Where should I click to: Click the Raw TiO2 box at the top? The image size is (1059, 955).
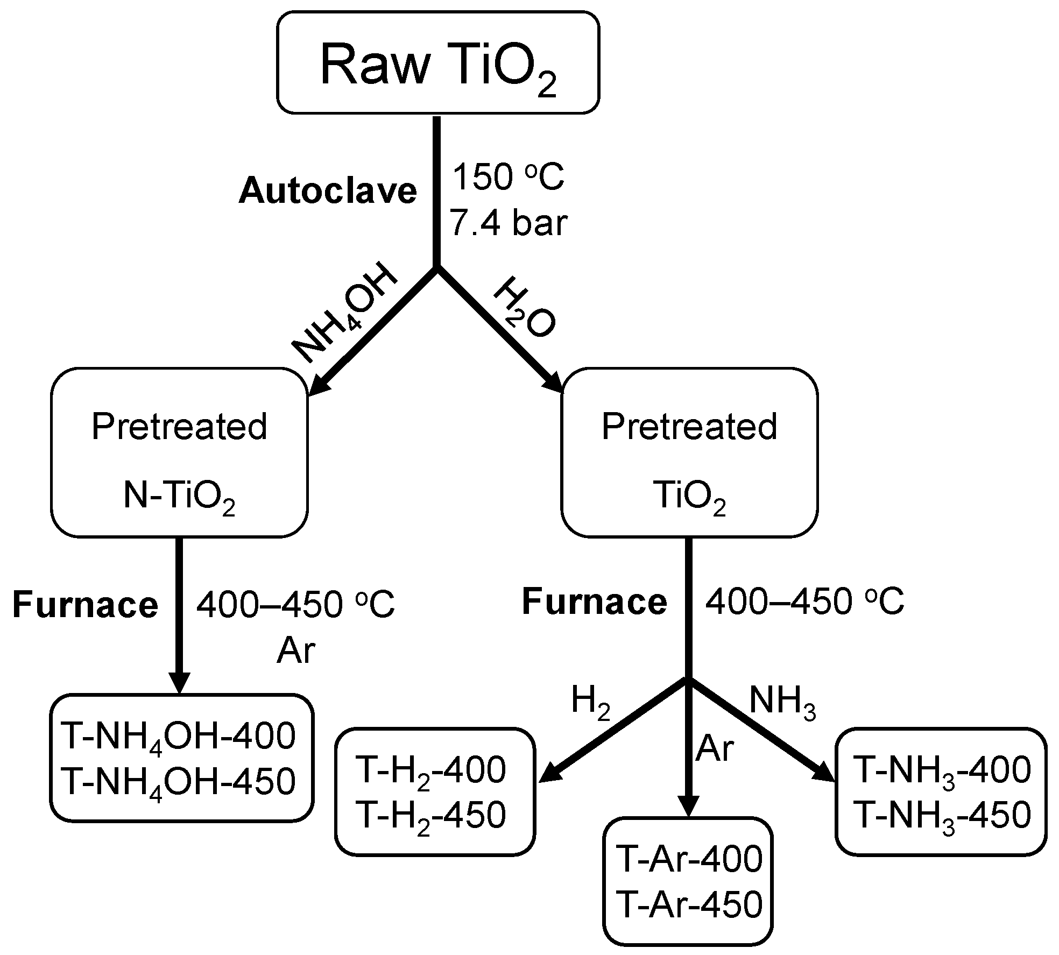[437, 63]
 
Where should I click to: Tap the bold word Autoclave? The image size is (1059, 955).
[328, 191]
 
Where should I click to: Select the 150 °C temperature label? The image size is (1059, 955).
[507, 178]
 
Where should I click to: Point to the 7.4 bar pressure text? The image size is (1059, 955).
[509, 223]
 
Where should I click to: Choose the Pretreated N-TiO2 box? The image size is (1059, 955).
[179, 452]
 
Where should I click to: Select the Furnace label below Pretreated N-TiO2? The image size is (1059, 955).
[85, 605]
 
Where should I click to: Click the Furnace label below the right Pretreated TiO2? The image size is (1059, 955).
[594, 602]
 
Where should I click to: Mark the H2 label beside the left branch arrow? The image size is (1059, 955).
[590, 703]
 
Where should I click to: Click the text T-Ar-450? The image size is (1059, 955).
[689, 906]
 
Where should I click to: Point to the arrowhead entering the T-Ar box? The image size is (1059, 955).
[687, 807]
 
